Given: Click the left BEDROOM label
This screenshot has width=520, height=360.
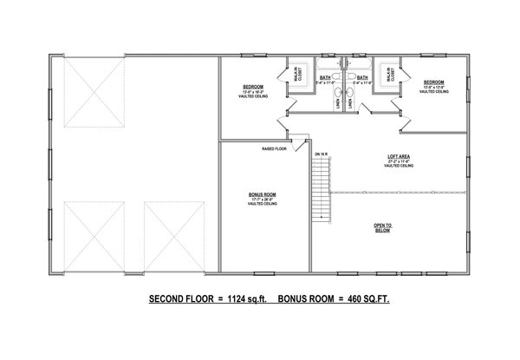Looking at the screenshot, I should tap(252, 88).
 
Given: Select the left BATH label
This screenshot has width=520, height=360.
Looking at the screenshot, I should tap(325, 77).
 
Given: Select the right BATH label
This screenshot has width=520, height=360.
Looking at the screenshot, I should tap(362, 77).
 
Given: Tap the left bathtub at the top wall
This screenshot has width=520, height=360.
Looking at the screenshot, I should tap(328, 64).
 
